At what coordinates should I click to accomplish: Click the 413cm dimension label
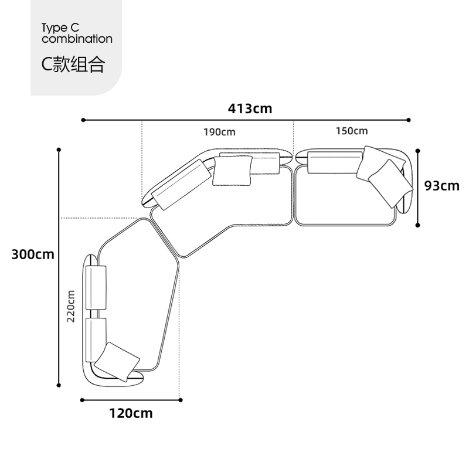[250, 108]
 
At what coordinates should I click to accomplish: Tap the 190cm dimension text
[219, 132]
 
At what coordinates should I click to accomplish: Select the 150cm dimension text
[352, 131]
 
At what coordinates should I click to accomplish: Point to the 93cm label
[442, 186]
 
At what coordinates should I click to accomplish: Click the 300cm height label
[33, 254]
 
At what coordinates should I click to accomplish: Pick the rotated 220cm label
[70, 306]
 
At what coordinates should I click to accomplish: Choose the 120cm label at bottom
[131, 413]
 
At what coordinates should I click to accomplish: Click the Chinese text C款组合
[73, 64]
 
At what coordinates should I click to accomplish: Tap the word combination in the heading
[77, 39]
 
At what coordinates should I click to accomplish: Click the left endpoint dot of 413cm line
[83, 120]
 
